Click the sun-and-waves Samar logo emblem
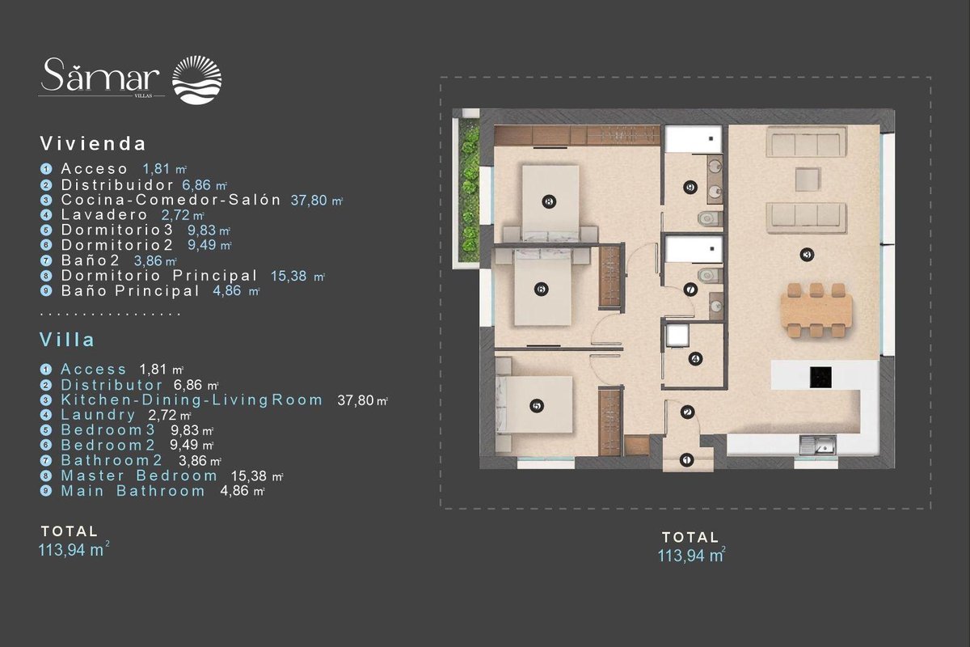(197, 80)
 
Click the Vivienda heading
(93, 144)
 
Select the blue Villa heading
(67, 340)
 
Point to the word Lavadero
(104, 214)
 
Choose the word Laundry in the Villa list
(99, 415)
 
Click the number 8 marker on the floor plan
(549, 201)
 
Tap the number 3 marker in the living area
(807, 255)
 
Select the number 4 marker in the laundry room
(695, 359)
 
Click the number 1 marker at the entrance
(686, 460)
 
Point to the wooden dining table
(816, 310)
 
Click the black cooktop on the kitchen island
(820, 378)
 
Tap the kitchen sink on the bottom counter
(818, 445)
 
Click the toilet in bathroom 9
(711, 218)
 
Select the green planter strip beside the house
(470, 191)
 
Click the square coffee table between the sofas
(808, 180)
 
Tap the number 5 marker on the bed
(537, 406)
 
